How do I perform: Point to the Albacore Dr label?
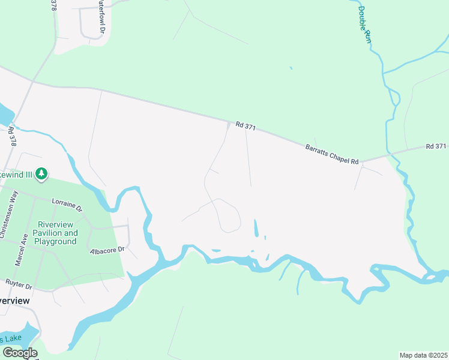106,250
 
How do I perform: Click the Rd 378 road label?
11,137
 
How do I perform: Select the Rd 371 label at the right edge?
436,146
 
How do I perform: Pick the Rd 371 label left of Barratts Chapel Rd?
246,126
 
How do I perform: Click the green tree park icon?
41,174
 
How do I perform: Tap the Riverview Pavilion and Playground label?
55,233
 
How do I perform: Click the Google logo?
19,353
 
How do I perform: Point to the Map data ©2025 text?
423,355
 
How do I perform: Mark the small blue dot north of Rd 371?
291,68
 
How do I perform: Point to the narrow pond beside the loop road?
256,228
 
